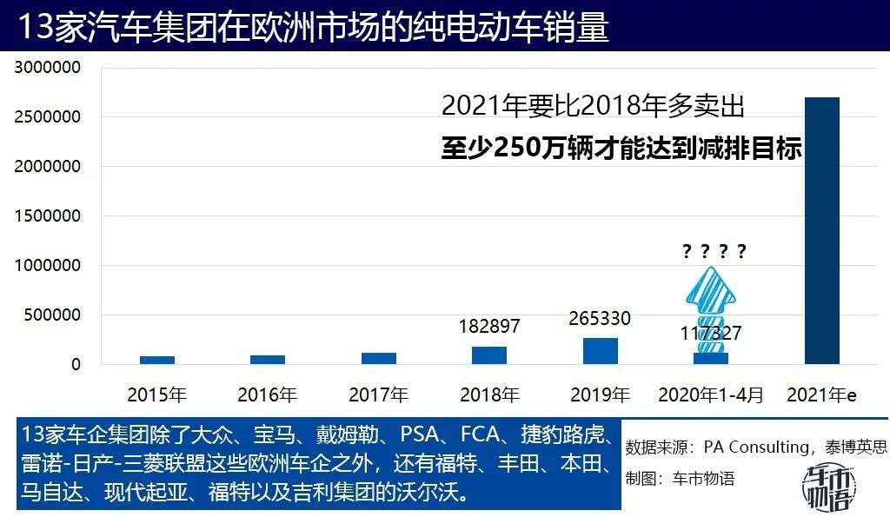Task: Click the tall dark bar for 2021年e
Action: (x=821, y=230)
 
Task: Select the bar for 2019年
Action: (x=600, y=351)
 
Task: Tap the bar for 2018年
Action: (x=489, y=355)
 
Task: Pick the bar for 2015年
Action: (x=157, y=360)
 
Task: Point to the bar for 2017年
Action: (x=378, y=358)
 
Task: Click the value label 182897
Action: (x=489, y=327)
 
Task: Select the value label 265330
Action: (x=600, y=319)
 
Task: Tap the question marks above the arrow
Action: (x=714, y=252)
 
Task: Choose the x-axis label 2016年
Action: (x=268, y=394)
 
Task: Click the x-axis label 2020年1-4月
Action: (x=711, y=394)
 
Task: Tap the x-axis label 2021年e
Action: (x=821, y=394)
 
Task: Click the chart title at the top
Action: (x=313, y=27)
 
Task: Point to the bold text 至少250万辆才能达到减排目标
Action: (x=620, y=148)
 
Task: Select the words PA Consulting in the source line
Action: (x=756, y=447)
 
